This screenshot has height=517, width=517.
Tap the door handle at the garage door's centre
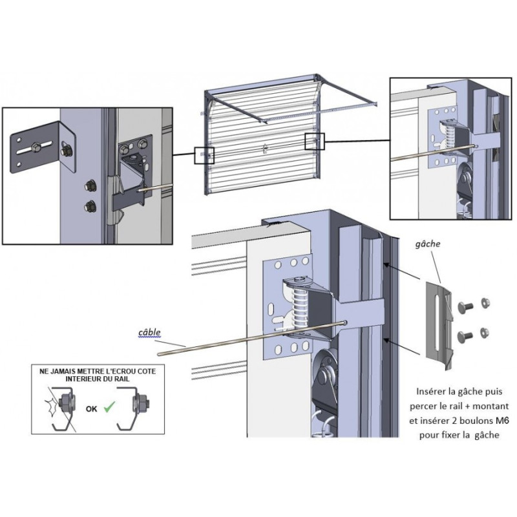click(264, 148)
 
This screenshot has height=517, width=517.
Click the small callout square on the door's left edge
click(204, 155)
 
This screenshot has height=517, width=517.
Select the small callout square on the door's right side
click(315, 141)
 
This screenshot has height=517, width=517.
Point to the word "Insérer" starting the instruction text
click(432, 392)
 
